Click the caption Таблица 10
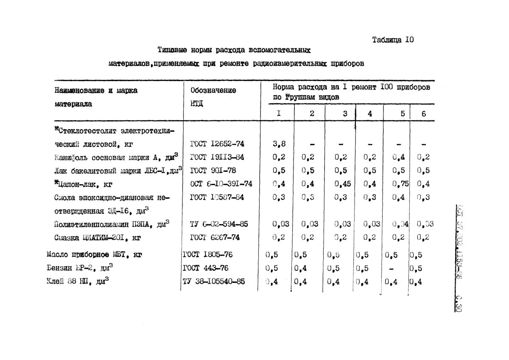[x=392, y=40]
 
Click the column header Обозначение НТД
[x=213, y=97]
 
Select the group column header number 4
[x=370, y=113]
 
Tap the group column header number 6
[x=423, y=113]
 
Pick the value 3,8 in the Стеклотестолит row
[x=279, y=143]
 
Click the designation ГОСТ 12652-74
[x=217, y=143]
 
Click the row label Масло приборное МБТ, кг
[x=94, y=255]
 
